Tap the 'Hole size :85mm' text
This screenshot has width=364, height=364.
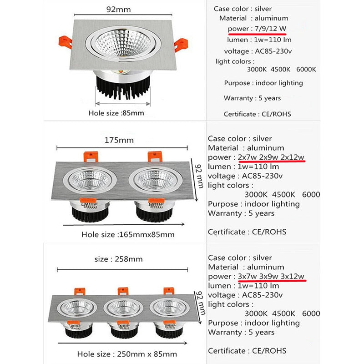tap(116, 113)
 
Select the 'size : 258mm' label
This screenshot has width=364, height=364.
tap(119, 259)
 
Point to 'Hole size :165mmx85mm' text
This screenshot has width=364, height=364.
tap(128, 235)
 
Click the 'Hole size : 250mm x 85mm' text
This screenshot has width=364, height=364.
tap(127, 354)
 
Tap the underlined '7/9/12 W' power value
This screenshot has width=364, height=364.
tap(271, 28)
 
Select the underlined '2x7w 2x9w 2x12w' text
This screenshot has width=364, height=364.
tap(271, 157)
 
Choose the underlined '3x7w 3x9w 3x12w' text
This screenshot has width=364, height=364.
tap(271, 277)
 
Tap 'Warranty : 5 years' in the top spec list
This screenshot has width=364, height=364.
tap(252, 98)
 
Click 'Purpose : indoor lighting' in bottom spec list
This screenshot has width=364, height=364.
tap(253, 323)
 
